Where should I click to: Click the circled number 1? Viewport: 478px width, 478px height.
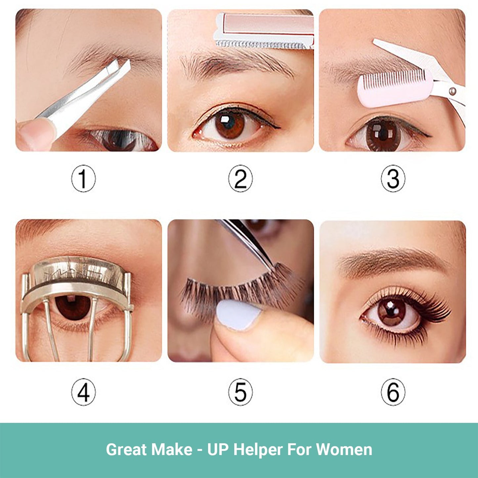pos(83,178)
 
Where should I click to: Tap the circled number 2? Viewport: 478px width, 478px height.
pos(240,178)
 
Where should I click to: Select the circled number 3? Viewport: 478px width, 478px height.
pos(393,178)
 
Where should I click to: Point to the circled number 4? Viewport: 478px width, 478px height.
pos(83,392)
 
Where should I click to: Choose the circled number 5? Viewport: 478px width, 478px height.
pos(240,392)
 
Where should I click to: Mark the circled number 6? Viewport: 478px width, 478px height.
pos(393,392)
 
